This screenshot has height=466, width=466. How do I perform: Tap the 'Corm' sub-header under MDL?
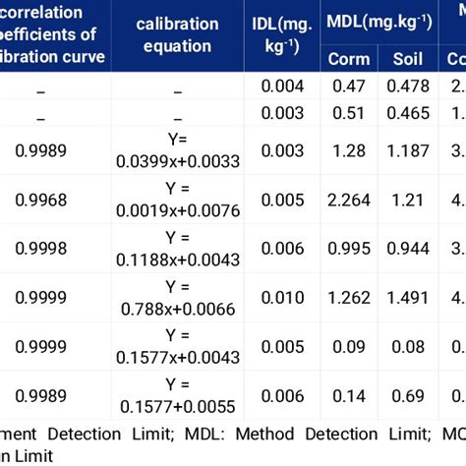click(x=349, y=59)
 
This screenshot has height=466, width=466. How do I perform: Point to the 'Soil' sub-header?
click(x=408, y=59)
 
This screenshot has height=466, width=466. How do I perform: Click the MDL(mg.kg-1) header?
click(x=379, y=23)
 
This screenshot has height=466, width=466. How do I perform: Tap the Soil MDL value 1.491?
click(x=408, y=296)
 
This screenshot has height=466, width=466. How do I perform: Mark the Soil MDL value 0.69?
click(x=408, y=393)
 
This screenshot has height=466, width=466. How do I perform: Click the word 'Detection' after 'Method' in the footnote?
click(x=268, y=433)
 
